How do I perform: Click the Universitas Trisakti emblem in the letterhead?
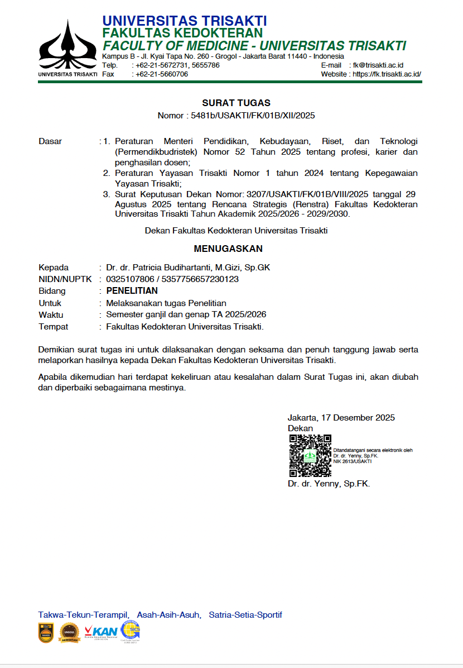[x=67, y=47]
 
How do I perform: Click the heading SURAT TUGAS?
[x=236, y=103]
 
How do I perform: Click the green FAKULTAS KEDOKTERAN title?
[x=182, y=34]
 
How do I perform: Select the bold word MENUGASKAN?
[x=228, y=249]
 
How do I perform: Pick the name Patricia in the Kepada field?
[x=148, y=268]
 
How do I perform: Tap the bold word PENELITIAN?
[x=132, y=291]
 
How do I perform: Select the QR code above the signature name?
[x=310, y=456]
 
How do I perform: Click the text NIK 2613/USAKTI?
[x=353, y=462]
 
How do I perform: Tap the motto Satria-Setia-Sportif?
[x=245, y=615]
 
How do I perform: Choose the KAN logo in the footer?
[x=101, y=632]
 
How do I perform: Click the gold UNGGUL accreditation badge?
[x=70, y=632]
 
